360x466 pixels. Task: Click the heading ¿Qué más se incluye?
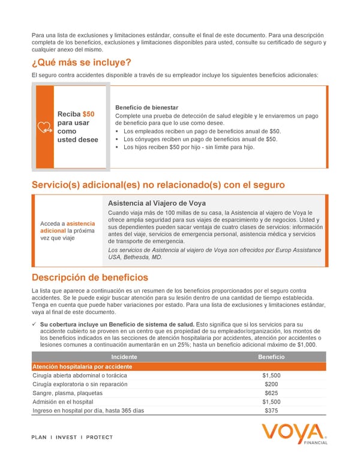[x=81, y=63]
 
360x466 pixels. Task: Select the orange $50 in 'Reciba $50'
[x=88, y=114]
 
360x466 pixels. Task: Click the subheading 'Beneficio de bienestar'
[x=146, y=107]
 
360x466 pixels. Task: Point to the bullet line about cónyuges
[x=200, y=139]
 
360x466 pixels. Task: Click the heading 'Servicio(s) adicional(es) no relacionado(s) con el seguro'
[x=158, y=184]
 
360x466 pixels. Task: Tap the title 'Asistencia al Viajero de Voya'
[x=157, y=203]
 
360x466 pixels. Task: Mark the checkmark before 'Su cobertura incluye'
[x=34, y=324]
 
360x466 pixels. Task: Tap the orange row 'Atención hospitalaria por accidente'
[x=82, y=366]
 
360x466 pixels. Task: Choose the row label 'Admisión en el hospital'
[x=63, y=402]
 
